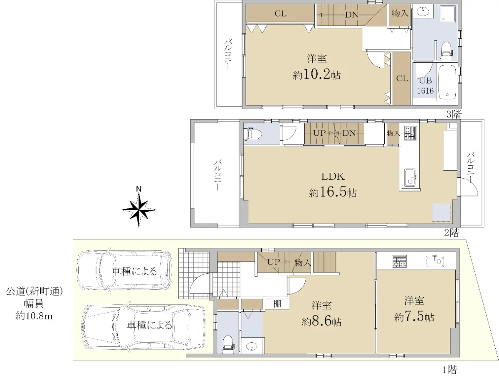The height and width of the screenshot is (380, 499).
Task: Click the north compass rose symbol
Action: click(138, 209)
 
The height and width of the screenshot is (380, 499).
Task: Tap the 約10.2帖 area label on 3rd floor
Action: click(317, 75)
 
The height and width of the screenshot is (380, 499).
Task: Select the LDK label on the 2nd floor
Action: click(333, 177)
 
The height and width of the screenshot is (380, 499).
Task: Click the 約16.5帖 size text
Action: click(333, 193)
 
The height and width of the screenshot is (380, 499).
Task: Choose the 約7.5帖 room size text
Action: click(414, 317)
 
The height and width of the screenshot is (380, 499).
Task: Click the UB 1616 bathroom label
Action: click(425, 86)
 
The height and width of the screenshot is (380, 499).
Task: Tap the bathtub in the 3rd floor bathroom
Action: click(447, 82)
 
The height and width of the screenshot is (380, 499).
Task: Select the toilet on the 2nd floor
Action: click(252, 134)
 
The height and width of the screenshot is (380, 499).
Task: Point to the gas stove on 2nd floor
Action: click(410, 133)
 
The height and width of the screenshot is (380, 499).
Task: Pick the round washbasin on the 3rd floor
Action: click(422, 11)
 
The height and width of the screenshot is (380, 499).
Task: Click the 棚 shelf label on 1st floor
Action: click(277, 304)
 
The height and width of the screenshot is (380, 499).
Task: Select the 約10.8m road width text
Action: click(34, 316)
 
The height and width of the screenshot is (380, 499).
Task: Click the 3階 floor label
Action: click(454, 115)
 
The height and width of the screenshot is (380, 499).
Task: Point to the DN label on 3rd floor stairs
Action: click(352, 15)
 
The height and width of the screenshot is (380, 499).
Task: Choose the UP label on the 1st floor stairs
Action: click(274, 262)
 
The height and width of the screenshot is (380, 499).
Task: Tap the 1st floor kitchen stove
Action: click(400, 261)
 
